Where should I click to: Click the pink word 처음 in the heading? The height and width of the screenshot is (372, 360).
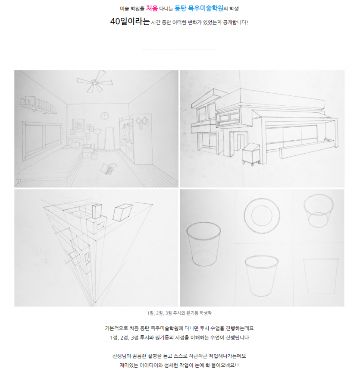pos(152,9)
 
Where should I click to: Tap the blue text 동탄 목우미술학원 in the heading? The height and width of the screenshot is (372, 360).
pos(199,9)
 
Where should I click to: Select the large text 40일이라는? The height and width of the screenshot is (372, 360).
pos(130,21)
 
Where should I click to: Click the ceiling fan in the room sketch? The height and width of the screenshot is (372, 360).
pos(95,81)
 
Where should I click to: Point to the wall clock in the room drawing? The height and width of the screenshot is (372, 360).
pos(104,116)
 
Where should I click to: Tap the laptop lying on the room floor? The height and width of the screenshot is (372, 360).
pos(109,169)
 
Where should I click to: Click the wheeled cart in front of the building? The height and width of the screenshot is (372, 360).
pos(251,154)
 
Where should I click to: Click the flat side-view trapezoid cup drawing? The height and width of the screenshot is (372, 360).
pos(321,276)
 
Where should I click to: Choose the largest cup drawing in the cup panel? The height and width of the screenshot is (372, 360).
pos(203,244)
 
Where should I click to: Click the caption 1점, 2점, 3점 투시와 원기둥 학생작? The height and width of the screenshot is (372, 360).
pos(179,313)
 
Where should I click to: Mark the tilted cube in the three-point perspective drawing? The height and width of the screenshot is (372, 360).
pos(122,213)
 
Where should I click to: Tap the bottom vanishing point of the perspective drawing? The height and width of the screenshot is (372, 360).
pos(95,303)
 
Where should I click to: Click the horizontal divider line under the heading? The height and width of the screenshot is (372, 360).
pos(179,50)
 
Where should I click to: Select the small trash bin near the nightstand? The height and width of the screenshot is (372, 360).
pos(94,156)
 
